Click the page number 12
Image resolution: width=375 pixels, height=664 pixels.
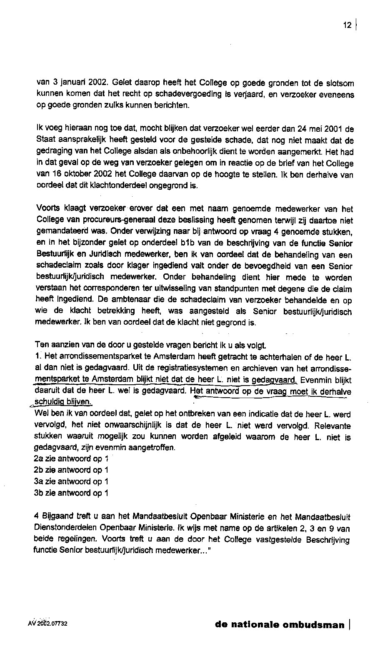pyautogui.click(x=347, y=25)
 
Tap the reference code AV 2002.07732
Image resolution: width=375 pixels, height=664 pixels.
pyautogui.click(x=47, y=624)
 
